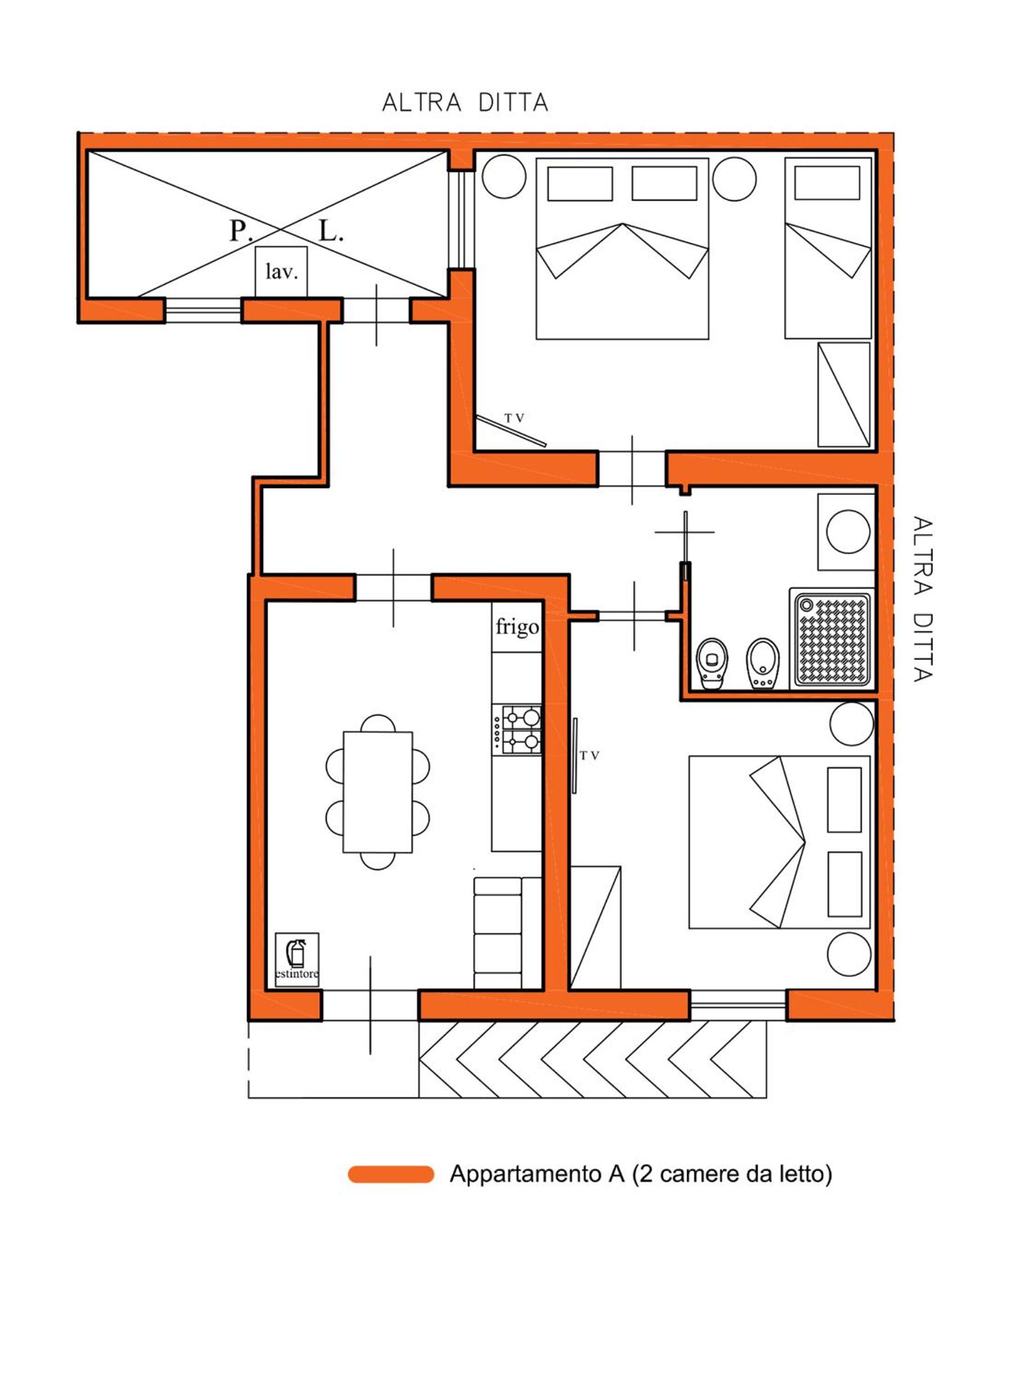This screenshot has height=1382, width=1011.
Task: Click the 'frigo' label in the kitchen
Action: click(x=516, y=627)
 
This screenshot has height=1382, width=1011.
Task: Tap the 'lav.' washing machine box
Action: click(x=281, y=272)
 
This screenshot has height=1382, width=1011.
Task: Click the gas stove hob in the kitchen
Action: click(x=516, y=729)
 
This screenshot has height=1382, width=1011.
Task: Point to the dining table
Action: click(x=377, y=792)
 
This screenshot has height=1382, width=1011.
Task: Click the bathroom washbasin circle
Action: click(x=848, y=531)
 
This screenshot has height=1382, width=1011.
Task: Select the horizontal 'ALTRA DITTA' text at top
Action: click(x=465, y=102)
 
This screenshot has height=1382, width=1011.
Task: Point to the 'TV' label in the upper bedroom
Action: click(x=514, y=418)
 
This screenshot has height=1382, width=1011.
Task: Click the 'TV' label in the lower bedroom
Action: click(x=589, y=756)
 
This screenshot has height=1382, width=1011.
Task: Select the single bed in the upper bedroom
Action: click(x=828, y=248)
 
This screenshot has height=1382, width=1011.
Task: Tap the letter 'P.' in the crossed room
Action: click(x=239, y=231)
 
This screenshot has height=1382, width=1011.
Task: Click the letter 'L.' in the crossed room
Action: click(x=331, y=231)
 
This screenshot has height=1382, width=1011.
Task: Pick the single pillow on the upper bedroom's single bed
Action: click(x=827, y=183)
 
